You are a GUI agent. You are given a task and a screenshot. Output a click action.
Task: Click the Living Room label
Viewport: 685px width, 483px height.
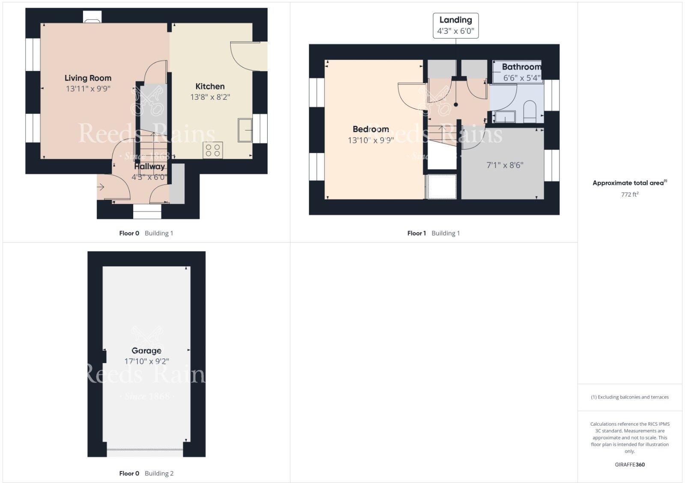click(x=88, y=78)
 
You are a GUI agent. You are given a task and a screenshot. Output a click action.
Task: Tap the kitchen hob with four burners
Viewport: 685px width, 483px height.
click(x=213, y=150)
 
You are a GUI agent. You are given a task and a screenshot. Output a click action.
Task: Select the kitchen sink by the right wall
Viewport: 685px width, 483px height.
click(x=245, y=130)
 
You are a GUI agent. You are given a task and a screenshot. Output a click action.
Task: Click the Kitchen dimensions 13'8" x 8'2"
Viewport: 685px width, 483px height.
click(x=210, y=97)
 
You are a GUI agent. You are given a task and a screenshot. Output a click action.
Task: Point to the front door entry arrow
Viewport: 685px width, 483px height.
click(x=101, y=187)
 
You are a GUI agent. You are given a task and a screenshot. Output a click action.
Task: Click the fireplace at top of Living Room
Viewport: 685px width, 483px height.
click(x=92, y=17)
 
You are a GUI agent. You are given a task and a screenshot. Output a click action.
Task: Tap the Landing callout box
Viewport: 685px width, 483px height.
click(x=456, y=26)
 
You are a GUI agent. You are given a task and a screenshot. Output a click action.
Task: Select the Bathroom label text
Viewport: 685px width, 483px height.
click(x=521, y=67)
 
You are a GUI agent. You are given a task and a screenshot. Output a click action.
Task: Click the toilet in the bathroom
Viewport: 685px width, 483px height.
click(x=530, y=110)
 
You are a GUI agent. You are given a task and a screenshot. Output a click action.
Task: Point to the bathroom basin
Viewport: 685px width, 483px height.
click(x=505, y=116)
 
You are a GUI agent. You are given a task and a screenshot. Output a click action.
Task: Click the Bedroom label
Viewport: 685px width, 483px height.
click(x=371, y=129)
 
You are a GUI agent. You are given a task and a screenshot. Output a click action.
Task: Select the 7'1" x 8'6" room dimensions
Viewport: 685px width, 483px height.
click(x=505, y=165)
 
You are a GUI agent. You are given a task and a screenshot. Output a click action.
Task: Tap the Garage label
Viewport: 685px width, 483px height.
click(x=146, y=351)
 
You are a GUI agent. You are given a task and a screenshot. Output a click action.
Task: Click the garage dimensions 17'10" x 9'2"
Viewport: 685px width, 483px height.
click(x=146, y=361)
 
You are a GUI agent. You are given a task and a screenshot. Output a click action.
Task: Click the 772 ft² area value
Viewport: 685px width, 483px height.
click(x=629, y=194)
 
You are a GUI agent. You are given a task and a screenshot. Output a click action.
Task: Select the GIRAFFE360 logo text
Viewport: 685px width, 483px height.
click(x=629, y=465)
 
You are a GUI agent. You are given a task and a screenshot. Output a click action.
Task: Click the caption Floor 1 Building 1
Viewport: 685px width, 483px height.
click(x=433, y=233)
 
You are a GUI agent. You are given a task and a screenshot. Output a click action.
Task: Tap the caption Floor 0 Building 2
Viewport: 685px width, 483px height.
click(x=146, y=474)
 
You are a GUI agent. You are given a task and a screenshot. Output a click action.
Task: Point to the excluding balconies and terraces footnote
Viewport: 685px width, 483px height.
click(x=629, y=397)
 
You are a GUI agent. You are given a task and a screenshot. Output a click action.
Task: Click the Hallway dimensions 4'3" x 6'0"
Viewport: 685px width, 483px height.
click(x=149, y=177)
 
